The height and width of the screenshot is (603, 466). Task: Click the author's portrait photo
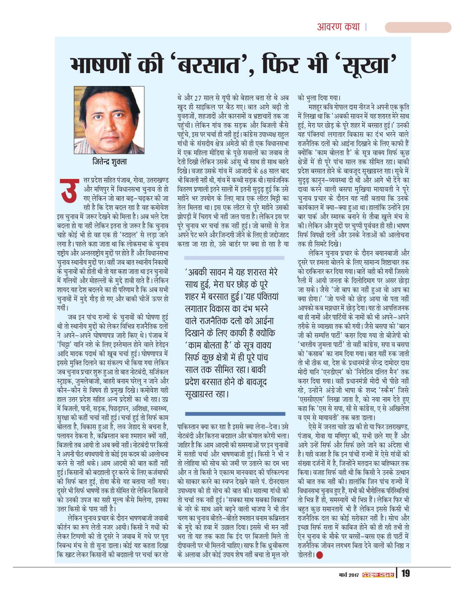(109, 120)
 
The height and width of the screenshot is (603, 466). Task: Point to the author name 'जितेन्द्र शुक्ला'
(110, 162)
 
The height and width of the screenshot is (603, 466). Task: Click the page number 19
(405, 573)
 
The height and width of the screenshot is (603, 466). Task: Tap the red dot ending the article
(319, 555)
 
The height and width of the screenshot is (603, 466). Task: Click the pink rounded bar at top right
(418, 27)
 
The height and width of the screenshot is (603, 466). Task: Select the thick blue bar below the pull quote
(235, 414)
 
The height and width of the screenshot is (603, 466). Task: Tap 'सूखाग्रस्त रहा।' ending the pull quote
(207, 394)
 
